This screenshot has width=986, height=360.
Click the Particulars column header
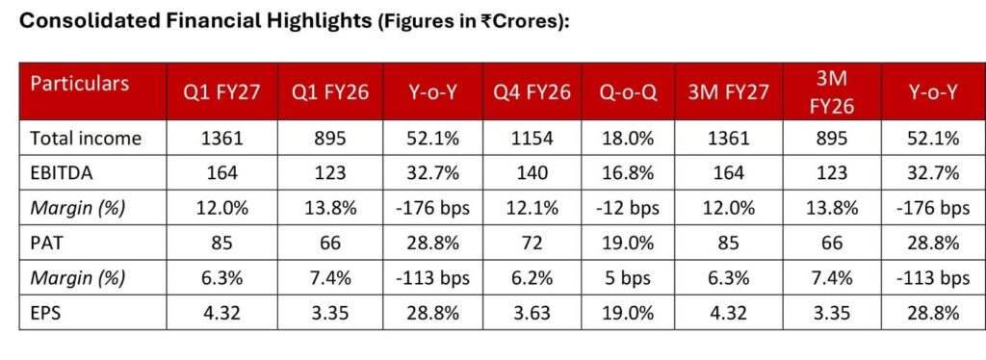pos(80,84)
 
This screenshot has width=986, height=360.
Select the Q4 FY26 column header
pos(532,93)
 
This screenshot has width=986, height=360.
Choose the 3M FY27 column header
pos(728,93)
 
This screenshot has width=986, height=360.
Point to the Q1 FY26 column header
pos(330,93)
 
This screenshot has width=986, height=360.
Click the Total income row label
pos(86,139)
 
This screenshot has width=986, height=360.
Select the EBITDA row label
pos(62,172)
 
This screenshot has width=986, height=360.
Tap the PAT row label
pos(46,243)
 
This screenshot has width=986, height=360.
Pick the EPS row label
pos(45,312)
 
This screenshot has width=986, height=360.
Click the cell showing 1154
pos(532,139)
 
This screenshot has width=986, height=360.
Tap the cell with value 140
pos(532,172)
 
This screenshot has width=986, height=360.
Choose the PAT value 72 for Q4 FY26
pos(532,243)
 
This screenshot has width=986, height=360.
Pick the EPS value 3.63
pos(532,312)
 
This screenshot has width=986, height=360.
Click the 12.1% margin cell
pos(532,208)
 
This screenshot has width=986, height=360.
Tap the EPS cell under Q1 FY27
pos(222,312)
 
